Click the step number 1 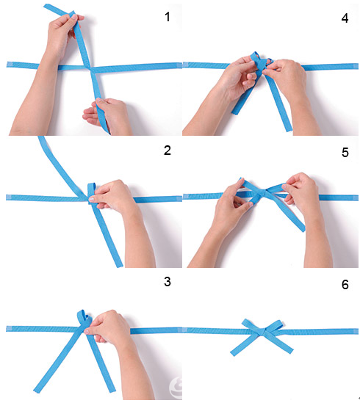(x=168, y=17)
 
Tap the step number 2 (x=168, y=150)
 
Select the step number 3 (x=168, y=282)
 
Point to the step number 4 (x=345, y=18)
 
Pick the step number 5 (x=345, y=153)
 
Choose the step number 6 (x=345, y=285)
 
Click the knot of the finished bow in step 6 (x=263, y=332)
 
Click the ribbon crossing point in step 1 (x=89, y=68)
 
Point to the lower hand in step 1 (x=108, y=116)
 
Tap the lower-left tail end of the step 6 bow (x=233, y=354)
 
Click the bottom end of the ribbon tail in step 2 (x=120, y=266)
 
